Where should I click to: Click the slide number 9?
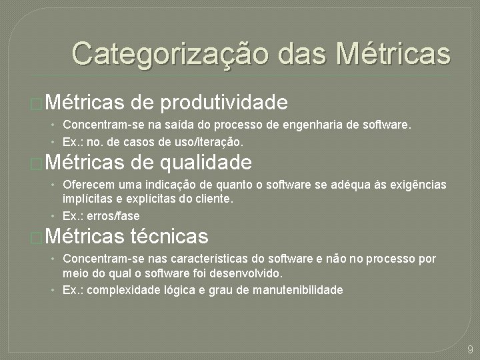[x=471, y=349]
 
